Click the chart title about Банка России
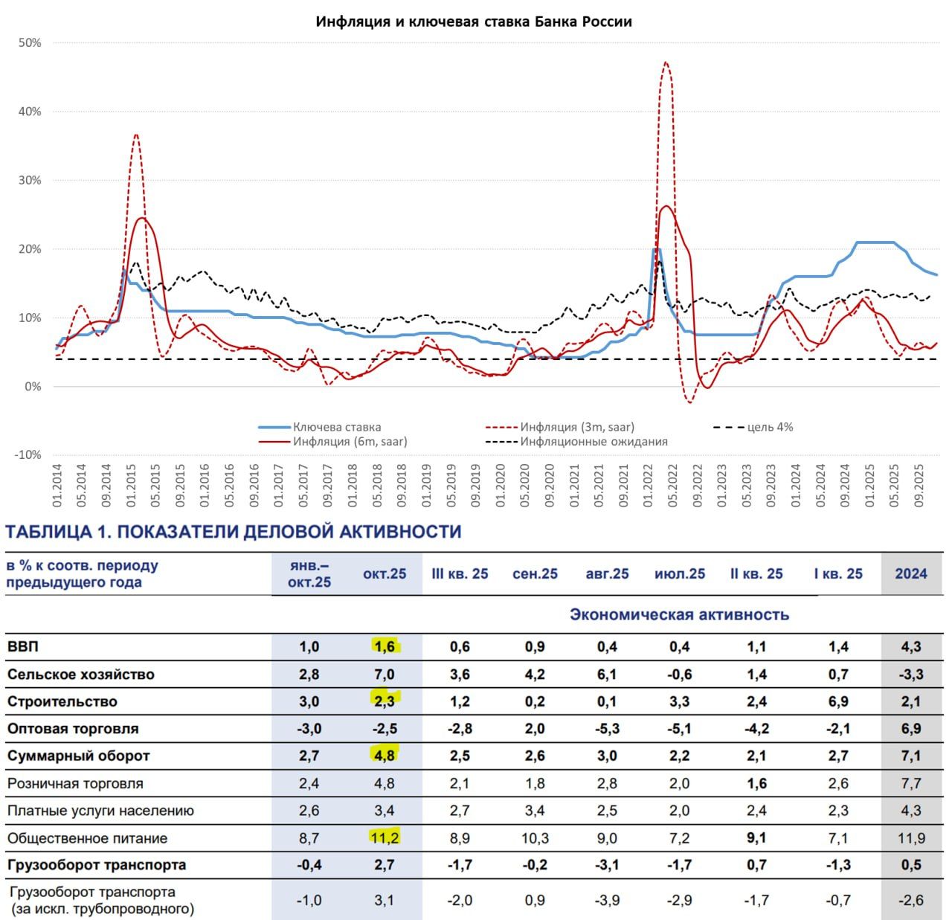click(474, 22)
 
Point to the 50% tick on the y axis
click(30, 43)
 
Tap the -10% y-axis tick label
click(28, 455)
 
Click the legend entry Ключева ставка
click(336, 427)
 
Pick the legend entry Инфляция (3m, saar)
click(577, 427)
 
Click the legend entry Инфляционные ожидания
click(594, 442)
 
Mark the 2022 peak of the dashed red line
click(666, 63)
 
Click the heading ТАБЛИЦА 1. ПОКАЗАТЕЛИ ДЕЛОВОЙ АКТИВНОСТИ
click(233, 532)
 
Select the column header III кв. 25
click(460, 573)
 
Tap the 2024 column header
click(911, 573)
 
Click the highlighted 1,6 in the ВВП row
click(385, 646)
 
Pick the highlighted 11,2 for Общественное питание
click(385, 838)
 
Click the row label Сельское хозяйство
click(81, 675)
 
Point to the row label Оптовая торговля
click(73, 729)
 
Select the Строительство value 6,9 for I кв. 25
click(838, 701)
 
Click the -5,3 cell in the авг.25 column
click(607, 729)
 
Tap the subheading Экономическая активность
click(679, 614)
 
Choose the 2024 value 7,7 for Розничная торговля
click(911, 783)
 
